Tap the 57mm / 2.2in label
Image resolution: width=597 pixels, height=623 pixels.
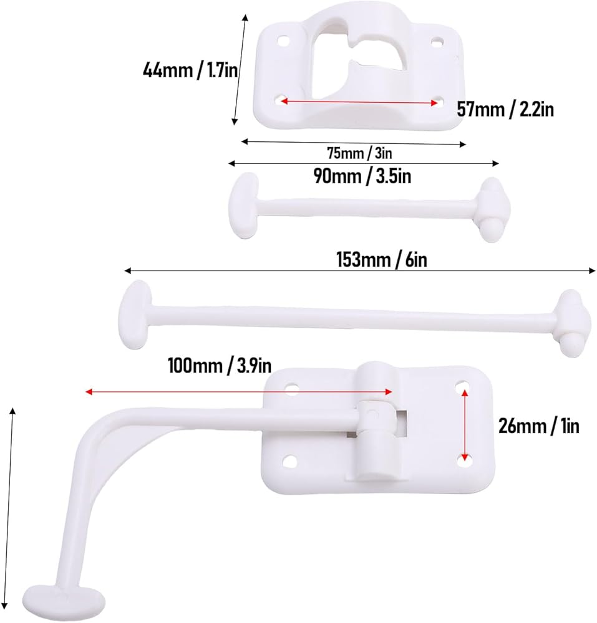(x=505, y=109)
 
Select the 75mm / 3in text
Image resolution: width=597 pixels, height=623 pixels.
(x=359, y=153)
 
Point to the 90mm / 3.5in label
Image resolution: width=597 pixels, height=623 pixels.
(x=362, y=176)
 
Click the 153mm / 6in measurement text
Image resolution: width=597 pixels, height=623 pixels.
(x=382, y=260)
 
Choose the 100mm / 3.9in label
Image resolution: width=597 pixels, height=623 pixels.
(x=220, y=365)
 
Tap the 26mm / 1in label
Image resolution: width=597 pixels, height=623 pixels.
(x=538, y=426)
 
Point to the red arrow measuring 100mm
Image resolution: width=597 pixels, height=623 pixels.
(x=239, y=392)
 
